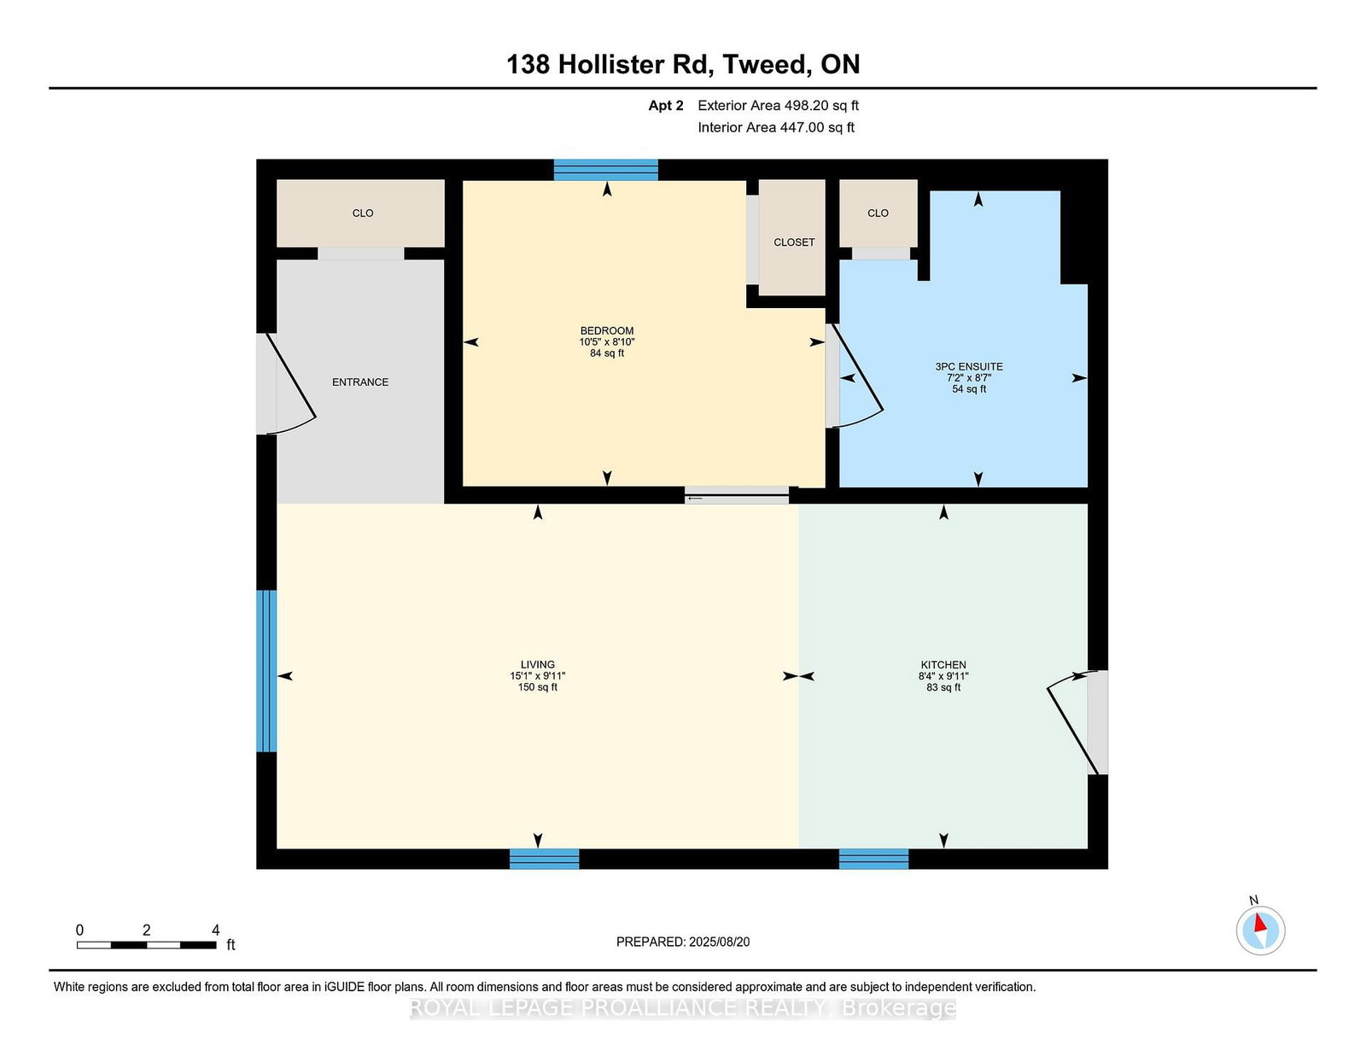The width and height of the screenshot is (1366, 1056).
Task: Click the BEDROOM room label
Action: point(607,330)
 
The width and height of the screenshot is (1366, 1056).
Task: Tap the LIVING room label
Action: point(538,664)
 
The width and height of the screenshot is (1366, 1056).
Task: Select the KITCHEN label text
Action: point(943,664)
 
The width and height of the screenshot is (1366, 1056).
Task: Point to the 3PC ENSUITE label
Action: point(969,366)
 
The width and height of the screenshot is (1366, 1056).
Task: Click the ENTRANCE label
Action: point(360,382)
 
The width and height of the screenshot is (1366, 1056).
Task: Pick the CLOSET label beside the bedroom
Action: point(794,242)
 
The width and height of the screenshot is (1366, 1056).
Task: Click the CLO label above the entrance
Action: point(363,213)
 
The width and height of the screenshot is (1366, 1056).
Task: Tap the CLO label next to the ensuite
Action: point(878,213)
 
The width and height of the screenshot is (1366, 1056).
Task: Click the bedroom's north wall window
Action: point(605,170)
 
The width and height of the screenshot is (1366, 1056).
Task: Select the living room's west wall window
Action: point(266,671)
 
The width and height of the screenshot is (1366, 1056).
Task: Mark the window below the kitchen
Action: point(873,859)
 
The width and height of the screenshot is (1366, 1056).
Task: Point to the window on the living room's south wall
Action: point(545,859)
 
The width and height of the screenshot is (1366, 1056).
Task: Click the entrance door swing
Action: point(290,385)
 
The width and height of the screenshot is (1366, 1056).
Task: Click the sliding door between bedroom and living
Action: point(737,494)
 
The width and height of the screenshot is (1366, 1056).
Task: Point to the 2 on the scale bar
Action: point(147,931)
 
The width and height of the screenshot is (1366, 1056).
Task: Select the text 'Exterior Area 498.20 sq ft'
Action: point(778,106)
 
